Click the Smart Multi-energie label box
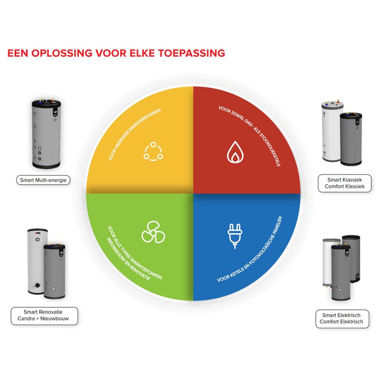tap(44, 180)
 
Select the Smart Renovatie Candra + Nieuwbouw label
tap(44, 316)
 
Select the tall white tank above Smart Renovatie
tap(35, 262)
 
